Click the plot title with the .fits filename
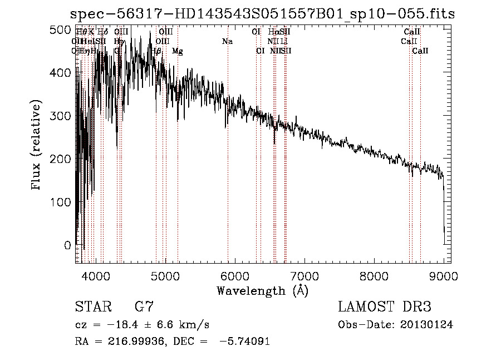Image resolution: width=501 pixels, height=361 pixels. tap(263, 14)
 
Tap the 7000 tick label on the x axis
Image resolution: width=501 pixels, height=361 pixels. tap(304, 275)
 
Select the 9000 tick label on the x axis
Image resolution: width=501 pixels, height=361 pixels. tap(444, 275)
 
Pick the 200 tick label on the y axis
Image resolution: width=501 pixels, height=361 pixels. tap(63, 159)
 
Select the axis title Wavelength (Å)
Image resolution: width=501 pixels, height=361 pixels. tap(262, 290)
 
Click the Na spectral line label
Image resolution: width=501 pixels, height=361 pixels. tap(227, 42)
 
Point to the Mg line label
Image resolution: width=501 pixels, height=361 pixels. tap(178, 51)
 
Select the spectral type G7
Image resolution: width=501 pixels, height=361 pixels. tap(144, 307)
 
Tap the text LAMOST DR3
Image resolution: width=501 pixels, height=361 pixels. tap(385, 307)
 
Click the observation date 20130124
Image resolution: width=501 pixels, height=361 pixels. tap(428, 325)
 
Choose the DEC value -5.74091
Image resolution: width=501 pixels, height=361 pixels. tap(245, 342)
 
